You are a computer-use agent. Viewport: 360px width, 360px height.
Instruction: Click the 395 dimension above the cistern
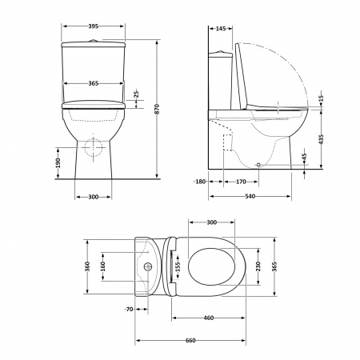(93, 26)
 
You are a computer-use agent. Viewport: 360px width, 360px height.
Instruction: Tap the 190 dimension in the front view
(59, 163)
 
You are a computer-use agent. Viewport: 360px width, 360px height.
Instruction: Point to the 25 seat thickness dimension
(136, 95)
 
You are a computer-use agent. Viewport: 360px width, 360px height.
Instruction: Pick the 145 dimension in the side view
(221, 28)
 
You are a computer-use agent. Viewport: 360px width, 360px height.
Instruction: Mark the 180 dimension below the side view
(199, 182)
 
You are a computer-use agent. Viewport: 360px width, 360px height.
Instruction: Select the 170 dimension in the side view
(240, 182)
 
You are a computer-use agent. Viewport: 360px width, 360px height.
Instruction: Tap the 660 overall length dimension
(191, 341)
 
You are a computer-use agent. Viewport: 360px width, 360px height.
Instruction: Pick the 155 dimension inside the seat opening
(178, 264)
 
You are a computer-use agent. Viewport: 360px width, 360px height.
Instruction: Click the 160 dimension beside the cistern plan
(103, 265)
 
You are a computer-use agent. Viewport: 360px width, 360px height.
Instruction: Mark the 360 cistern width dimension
(86, 265)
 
